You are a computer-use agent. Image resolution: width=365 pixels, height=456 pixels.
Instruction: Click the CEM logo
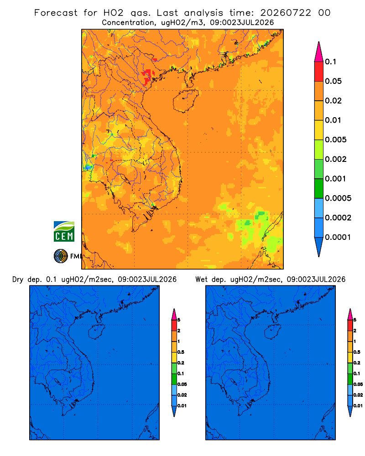pyautogui.click(x=64, y=231)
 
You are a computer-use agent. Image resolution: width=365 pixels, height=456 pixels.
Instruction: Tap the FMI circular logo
pyautogui.click(x=61, y=256)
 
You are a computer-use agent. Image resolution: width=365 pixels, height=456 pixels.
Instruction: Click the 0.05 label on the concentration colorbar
pyautogui.click(x=333, y=81)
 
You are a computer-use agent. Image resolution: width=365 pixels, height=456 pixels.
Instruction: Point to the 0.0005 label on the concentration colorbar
pyautogui.click(x=338, y=198)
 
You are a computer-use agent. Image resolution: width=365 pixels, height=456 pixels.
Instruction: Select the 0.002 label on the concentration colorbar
pyautogui.click(x=336, y=159)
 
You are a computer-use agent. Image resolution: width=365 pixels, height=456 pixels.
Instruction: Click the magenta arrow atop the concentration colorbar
pyautogui.click(x=319, y=52)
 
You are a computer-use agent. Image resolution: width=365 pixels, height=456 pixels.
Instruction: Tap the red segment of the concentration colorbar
pyautogui.click(x=319, y=72)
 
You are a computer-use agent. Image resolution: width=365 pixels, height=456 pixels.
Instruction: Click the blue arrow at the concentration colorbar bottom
pyautogui.click(x=319, y=247)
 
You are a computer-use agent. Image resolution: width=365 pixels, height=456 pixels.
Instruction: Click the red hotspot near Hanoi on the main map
pyautogui.click(x=148, y=76)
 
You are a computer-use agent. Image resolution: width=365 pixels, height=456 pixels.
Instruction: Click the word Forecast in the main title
pyautogui.click(x=56, y=13)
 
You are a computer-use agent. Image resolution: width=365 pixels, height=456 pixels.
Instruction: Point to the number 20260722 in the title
pyautogui.click(x=286, y=13)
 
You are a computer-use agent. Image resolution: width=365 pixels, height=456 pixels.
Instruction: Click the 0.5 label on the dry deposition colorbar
pyautogui.click(x=181, y=352)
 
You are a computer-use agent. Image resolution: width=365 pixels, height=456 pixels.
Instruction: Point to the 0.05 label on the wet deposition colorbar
pyautogui.click(x=358, y=384)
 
